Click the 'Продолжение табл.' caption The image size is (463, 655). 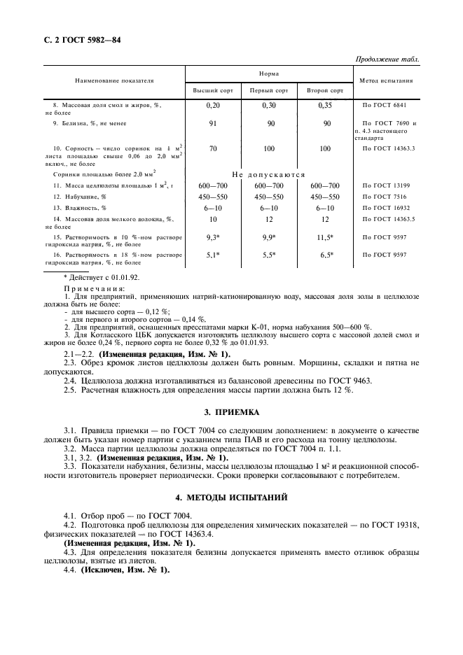387,59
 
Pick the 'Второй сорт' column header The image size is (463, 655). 325,91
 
